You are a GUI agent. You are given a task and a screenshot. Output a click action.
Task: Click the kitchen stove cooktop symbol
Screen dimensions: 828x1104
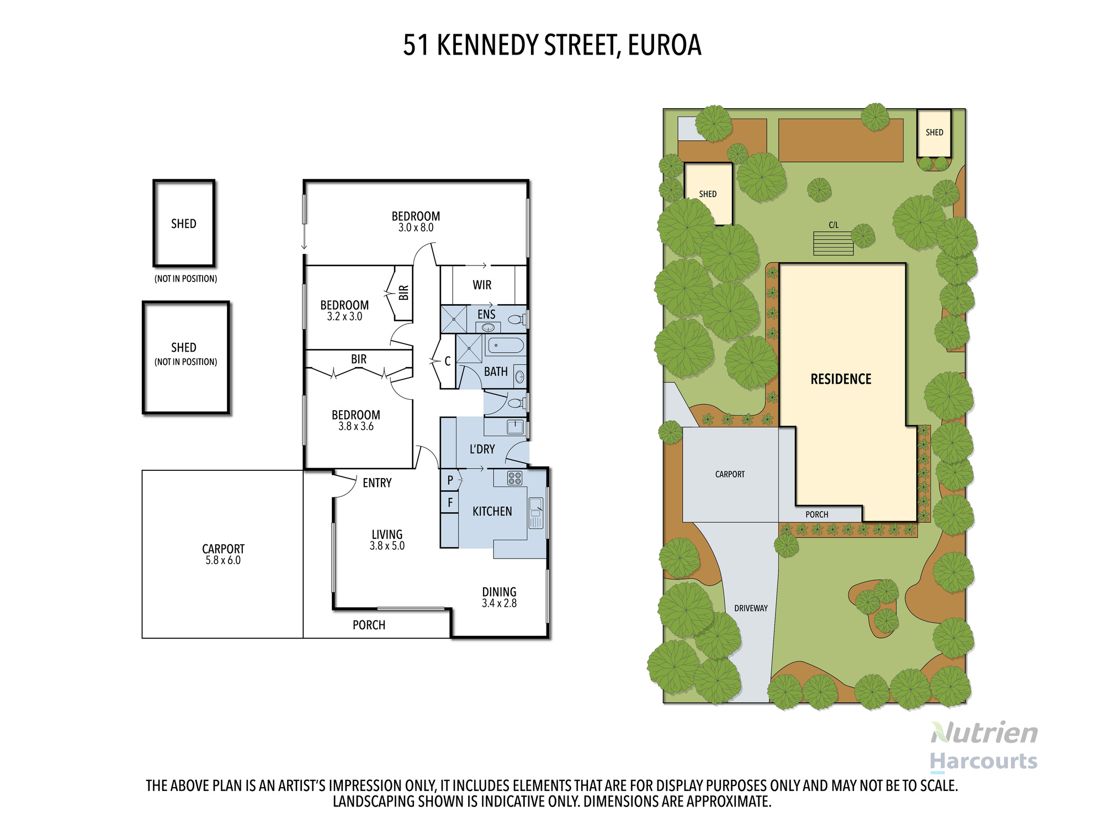(514, 478)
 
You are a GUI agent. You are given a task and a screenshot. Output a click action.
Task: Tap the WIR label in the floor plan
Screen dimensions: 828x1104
(482, 285)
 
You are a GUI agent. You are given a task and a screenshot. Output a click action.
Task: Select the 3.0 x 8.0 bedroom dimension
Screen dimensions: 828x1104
(416, 228)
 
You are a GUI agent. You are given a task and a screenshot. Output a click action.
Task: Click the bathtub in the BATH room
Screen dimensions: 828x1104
(505, 346)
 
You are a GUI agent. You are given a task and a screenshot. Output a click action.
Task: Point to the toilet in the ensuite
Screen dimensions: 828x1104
(516, 319)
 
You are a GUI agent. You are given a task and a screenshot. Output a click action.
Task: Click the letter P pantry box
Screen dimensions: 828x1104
(450, 480)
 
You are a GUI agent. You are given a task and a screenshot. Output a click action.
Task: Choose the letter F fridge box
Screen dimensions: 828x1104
(450, 502)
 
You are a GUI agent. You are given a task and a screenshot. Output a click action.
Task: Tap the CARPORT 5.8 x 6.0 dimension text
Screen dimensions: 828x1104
(223, 560)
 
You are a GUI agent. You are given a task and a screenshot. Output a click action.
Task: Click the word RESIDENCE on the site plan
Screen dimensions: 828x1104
(841, 379)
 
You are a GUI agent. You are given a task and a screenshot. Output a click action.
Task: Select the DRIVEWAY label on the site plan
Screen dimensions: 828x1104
(751, 608)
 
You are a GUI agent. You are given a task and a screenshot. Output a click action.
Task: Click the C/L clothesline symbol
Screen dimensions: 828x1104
(833, 243)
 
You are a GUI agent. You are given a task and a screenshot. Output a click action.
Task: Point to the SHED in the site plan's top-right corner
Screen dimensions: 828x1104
(934, 132)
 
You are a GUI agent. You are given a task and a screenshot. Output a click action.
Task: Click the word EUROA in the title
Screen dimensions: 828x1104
(665, 45)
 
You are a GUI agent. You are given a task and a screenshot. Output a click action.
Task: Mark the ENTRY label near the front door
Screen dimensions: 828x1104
(377, 483)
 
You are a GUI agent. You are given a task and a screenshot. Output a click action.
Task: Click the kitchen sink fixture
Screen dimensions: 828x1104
(535, 513)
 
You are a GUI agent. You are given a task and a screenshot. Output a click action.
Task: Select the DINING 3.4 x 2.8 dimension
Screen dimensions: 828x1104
(499, 603)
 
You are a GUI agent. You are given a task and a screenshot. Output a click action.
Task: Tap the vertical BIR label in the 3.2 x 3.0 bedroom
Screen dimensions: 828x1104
(404, 293)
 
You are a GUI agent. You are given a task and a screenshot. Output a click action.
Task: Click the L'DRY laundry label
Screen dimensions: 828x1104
(482, 449)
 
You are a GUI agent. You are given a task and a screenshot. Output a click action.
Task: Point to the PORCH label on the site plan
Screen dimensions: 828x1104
(816, 514)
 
